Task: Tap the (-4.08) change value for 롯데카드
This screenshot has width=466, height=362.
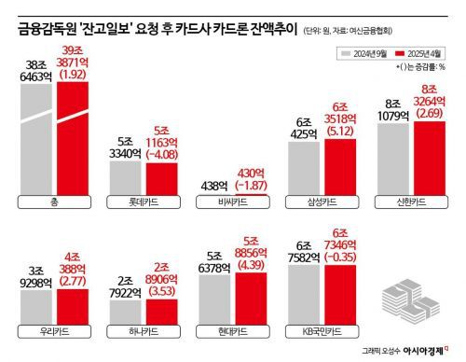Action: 160,156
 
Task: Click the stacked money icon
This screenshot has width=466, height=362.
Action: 410,301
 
